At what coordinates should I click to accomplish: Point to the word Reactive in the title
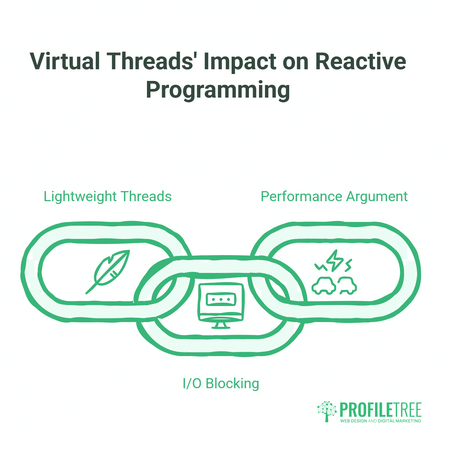pyautogui.click(x=361, y=61)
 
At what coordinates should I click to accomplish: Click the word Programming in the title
pyautogui.click(x=218, y=90)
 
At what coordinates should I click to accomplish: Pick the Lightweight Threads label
pyautogui.click(x=107, y=196)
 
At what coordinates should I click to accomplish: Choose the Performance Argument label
pyautogui.click(x=334, y=196)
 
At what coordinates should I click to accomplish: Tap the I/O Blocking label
pyautogui.click(x=221, y=383)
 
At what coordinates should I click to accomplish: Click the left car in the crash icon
pyautogui.click(x=323, y=285)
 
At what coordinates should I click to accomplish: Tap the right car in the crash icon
pyautogui.click(x=347, y=285)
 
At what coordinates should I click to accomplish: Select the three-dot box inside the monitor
pyautogui.click(x=221, y=299)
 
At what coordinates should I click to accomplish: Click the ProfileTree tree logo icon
pyautogui.click(x=327, y=411)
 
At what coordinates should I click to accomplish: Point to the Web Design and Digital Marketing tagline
pyautogui.click(x=380, y=421)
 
